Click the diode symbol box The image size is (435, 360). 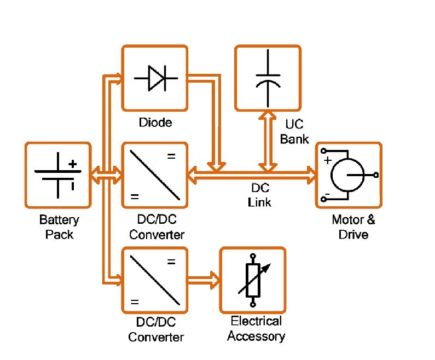click(155, 78)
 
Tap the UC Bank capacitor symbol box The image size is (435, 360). click(268, 77)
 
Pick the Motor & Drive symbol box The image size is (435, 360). click(348, 175)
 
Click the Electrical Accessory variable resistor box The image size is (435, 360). click(252, 280)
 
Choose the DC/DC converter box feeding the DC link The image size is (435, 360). click(155, 175)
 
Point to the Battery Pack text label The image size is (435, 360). click(59, 228)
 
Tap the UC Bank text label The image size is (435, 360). click(294, 132)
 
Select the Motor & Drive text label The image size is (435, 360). click(353, 228)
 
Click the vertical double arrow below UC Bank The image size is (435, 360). click(268, 140)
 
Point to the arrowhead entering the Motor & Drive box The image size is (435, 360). click(311, 175)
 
